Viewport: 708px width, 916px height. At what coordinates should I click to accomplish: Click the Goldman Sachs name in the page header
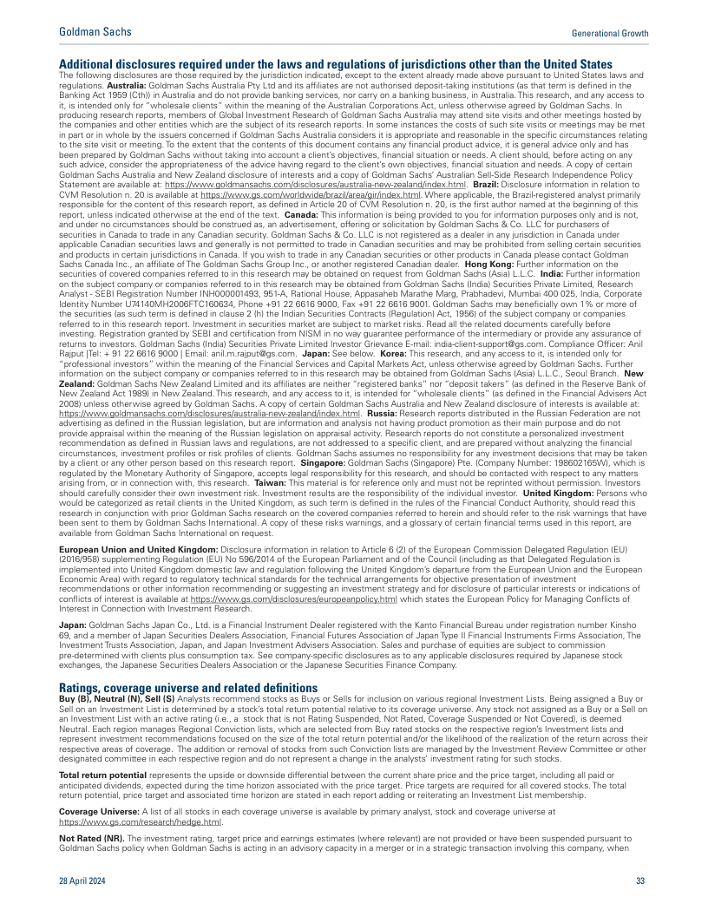[95, 32]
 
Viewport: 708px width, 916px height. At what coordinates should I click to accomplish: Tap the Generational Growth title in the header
[610, 33]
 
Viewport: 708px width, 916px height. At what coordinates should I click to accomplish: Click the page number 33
[640, 880]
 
